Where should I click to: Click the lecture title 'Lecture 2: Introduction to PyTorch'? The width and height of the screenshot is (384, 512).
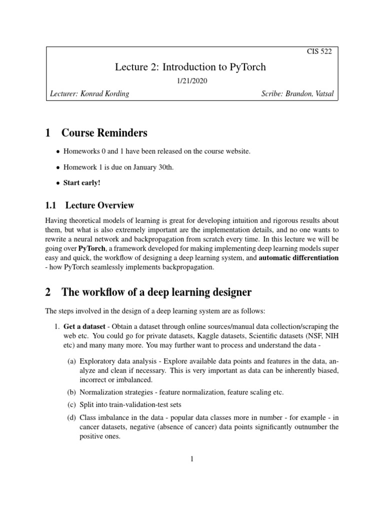[192, 66]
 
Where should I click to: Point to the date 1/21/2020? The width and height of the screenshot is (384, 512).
[192, 80]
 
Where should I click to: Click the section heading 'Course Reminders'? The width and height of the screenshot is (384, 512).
[104, 133]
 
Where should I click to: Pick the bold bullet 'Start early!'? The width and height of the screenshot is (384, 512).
[81, 182]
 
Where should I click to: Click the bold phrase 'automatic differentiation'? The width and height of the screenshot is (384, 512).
[298, 257]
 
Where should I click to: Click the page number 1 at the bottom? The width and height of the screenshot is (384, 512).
[192, 460]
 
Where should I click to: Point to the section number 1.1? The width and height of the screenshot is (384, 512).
[51, 205]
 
